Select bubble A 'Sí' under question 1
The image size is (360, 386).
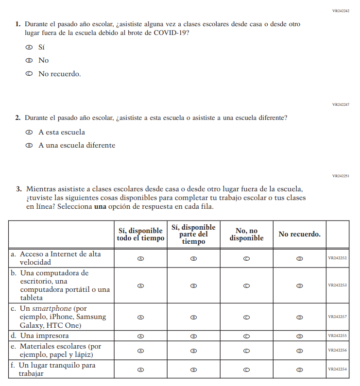29,48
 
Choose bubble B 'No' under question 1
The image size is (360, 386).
29,61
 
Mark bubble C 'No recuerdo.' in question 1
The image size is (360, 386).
29,74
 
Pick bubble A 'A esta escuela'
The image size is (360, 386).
29,132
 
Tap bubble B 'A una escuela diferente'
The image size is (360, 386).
29,145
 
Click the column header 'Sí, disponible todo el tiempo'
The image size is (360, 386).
140,234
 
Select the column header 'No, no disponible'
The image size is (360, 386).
246,234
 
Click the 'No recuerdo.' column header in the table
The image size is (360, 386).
299,234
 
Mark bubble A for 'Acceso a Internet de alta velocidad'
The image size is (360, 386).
141,259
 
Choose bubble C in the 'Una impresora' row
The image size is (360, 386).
246,336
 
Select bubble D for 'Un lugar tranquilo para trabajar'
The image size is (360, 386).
299,369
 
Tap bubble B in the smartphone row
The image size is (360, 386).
193,317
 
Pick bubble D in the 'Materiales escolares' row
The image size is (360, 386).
299,350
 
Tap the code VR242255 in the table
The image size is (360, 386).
337,336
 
